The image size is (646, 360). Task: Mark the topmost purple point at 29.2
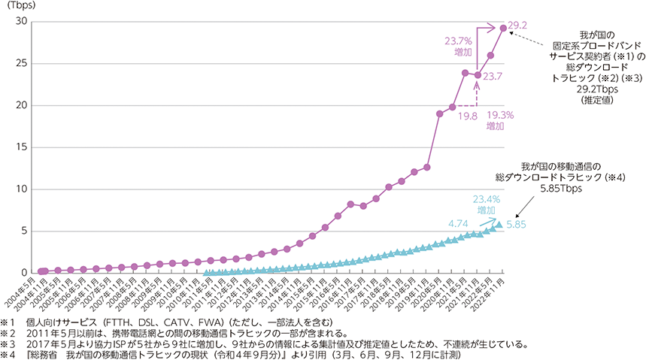[x=503, y=28]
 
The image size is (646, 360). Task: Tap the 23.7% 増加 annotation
[x=459, y=47]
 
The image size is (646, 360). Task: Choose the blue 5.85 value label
[x=517, y=225]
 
